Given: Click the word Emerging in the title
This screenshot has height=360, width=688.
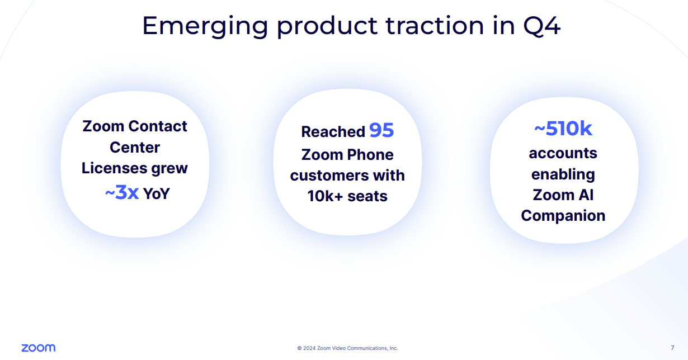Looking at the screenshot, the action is coord(205,27).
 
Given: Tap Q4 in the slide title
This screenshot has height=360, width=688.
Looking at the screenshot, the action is coord(542,26).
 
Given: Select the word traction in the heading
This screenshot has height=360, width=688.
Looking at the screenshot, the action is coord(435,26).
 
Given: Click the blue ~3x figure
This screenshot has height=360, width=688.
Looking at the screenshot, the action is coord(122,192).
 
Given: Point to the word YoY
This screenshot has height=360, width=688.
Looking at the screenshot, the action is coord(156,193).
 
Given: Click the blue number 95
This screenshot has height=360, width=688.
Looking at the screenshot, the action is coord(381,130).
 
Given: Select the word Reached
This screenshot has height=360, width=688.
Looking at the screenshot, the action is coord(333,132).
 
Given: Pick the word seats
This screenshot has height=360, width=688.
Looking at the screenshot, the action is coord(367,196).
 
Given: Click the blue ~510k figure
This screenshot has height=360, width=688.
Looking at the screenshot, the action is coord(563,128).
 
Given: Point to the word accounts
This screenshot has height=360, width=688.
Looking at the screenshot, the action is coord(563,154).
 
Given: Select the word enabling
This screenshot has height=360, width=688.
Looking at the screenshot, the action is coord(563,174).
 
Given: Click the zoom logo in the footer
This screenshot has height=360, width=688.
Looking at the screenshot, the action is coord(39,348).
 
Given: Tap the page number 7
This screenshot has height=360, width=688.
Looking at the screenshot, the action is coord(672,348).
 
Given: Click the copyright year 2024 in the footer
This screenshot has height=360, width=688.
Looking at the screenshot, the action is coord(309,348).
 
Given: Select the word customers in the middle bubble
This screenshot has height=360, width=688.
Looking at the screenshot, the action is coord(329,176).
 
